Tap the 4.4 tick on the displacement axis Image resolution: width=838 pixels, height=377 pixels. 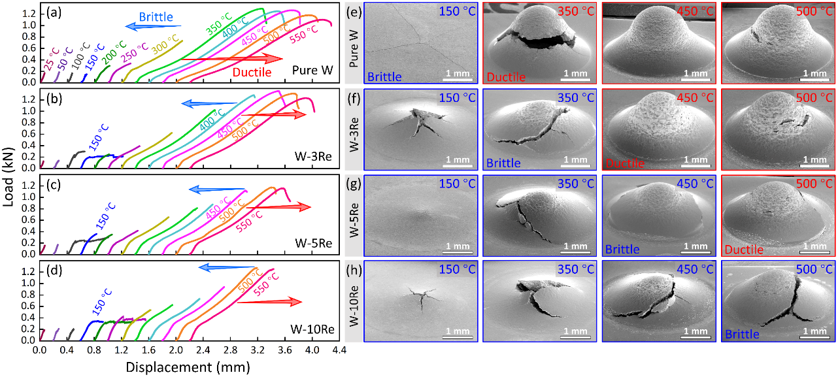(339, 351)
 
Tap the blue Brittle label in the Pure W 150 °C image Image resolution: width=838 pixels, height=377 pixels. (384, 77)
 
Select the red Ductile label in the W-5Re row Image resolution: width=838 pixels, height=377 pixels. (744, 250)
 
